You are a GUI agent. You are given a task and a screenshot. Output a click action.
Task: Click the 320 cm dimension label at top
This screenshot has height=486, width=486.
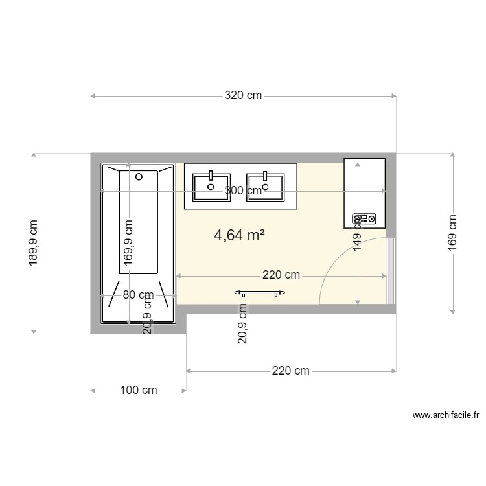coord(243,96)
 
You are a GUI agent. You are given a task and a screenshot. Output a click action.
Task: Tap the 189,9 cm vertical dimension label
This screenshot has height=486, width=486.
coord(34,243)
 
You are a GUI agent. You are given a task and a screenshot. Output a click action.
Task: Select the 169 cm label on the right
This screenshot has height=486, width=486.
coord(452,232)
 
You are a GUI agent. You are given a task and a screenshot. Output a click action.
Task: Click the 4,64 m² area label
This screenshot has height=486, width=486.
coord(239,235)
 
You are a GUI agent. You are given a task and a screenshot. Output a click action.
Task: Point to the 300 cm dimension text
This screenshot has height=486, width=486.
coord(243,191)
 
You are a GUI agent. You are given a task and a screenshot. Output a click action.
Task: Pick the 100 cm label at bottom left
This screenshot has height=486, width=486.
coord(139,391)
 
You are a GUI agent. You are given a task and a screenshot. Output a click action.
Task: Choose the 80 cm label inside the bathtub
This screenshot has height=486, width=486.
coord(137,295)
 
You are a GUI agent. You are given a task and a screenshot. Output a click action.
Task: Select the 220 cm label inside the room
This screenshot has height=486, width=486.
coord(281,275)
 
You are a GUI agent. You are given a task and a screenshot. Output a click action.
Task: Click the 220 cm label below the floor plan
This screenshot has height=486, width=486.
coord(290,371)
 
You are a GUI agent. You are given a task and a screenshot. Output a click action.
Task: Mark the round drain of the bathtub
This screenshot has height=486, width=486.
coord(139,176)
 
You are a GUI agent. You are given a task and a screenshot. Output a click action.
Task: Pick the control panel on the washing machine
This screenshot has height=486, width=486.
coord(364,220)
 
